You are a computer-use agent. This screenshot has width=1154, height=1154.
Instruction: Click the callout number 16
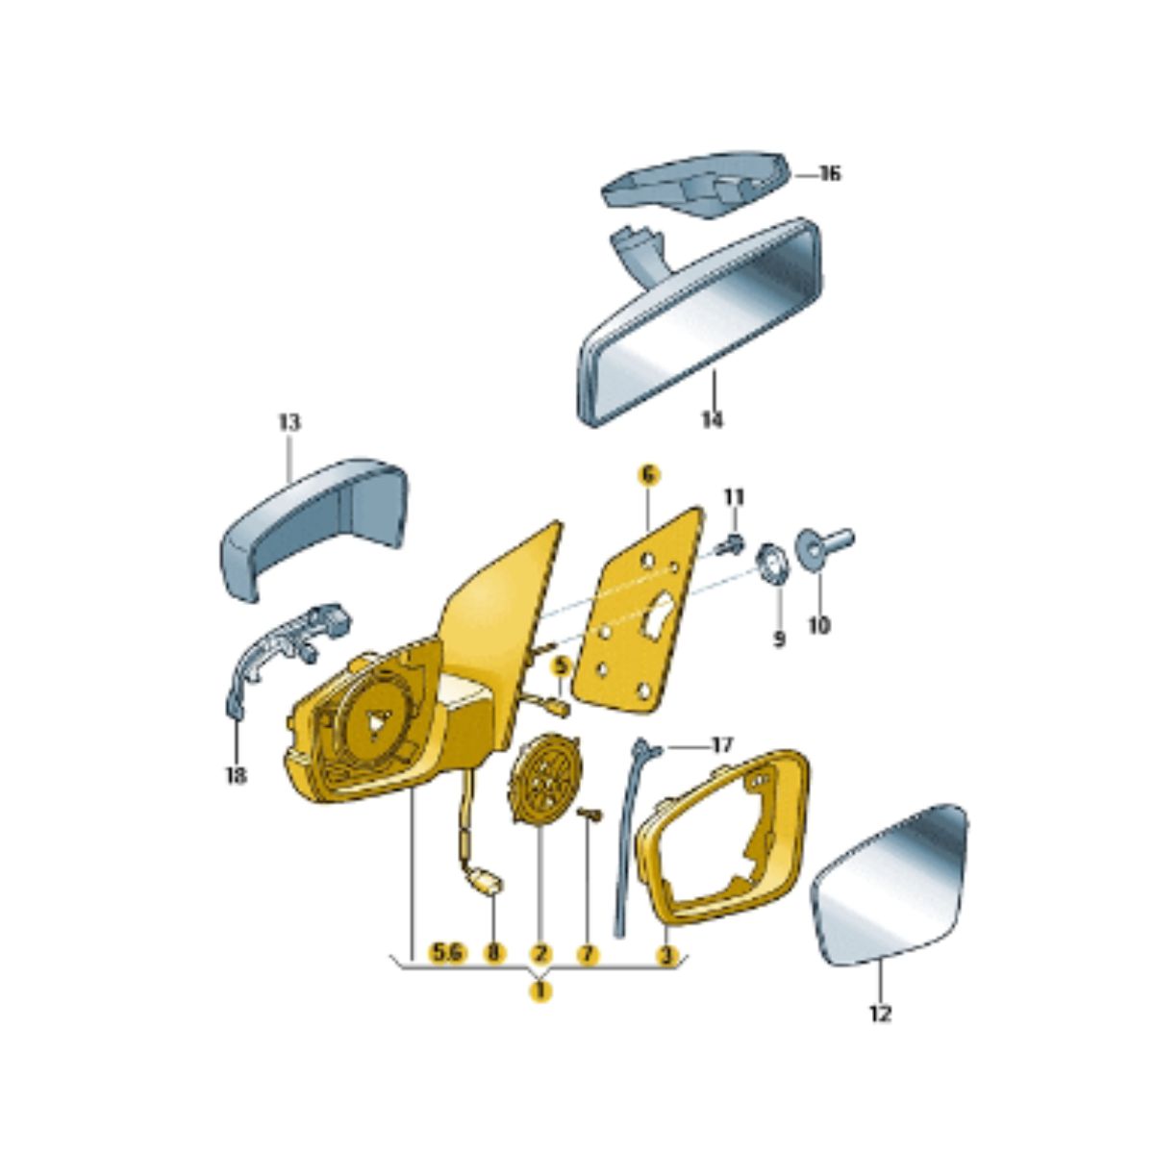click(829, 174)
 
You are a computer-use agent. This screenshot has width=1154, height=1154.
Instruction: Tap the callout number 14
click(712, 420)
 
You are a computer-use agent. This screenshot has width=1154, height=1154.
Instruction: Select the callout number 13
click(289, 423)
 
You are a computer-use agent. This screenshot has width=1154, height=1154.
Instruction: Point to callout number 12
click(882, 1015)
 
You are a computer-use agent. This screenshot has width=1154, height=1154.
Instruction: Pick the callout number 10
click(819, 626)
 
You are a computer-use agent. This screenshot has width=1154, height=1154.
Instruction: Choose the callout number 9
click(779, 640)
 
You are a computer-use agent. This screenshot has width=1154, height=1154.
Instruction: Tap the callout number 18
click(236, 776)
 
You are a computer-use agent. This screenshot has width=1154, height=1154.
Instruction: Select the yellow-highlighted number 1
click(540, 991)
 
